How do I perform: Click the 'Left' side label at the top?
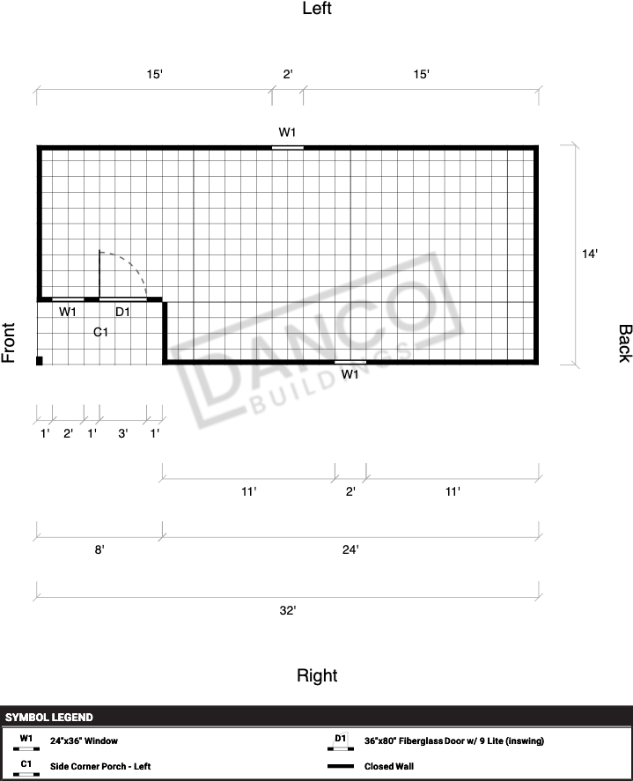pos(317,9)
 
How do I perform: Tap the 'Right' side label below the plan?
pos(317,675)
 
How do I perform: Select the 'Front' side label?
pos(9,343)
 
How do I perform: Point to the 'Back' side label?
pos(625,343)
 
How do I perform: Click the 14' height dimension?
pos(590,254)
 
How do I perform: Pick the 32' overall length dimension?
pos(288,610)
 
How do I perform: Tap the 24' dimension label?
pos(350,549)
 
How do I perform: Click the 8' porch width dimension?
pos(99,549)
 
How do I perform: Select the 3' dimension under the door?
pos(123,433)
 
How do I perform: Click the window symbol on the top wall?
pos(287,148)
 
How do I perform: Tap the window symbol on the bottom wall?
pos(350,362)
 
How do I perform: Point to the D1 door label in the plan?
pos(123,312)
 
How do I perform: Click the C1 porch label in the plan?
pos(100,332)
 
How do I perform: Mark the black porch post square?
pos(40,361)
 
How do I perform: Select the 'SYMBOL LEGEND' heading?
pos(48,718)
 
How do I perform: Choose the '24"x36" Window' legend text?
pos(84,740)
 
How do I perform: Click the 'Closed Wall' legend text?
pos(388,766)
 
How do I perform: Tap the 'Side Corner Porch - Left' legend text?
pos(100,766)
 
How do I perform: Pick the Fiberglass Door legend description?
pos(453,740)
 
